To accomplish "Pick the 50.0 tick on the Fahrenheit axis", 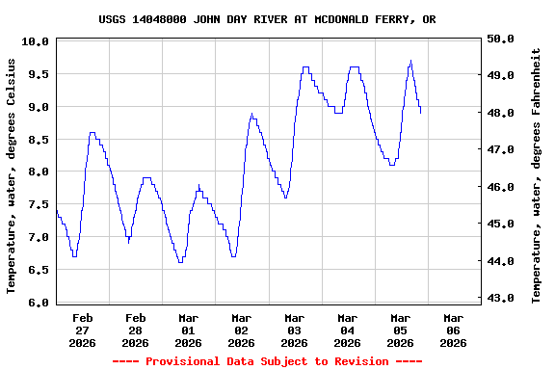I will tap(502, 39).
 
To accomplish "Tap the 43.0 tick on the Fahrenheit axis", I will tap(502, 298).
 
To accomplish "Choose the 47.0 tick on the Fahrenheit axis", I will tap(502, 149).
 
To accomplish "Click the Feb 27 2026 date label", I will tap(82, 330).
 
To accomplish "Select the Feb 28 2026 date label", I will tap(135, 330).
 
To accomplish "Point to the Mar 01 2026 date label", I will tap(188, 330).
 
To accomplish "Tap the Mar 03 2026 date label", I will tap(294, 330).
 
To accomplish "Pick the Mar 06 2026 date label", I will tap(453, 330).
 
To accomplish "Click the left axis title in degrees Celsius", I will tap(12, 175).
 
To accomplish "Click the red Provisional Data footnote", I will tap(267, 361).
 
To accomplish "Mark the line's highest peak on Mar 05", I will tap(410, 61).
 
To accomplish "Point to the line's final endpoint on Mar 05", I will tap(420, 113).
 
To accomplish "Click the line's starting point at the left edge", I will tap(57, 209).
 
